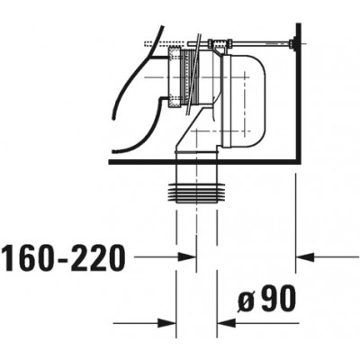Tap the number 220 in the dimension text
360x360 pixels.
96,257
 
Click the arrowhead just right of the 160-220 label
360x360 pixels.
187,256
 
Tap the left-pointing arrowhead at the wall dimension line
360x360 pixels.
305,256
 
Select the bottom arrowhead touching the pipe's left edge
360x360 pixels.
166,323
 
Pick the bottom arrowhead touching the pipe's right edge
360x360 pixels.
226,323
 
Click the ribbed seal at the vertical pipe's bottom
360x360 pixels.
196,193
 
